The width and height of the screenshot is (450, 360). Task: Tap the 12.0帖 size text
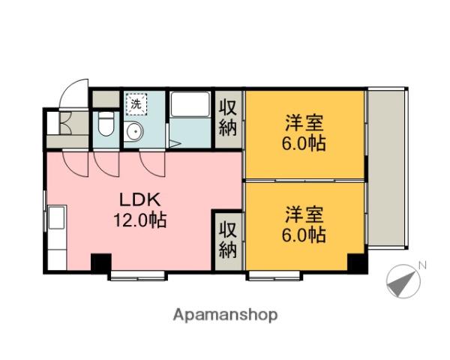click(x=139, y=221)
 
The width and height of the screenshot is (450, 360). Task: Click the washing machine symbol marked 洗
click(x=136, y=104)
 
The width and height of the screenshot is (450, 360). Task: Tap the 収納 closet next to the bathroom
click(x=228, y=117)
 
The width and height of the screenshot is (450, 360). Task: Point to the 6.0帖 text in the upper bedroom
click(x=304, y=144)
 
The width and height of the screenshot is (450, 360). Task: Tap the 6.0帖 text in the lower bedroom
click(x=304, y=235)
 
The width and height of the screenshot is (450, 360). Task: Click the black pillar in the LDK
click(x=100, y=264)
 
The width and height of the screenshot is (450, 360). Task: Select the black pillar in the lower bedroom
click(x=357, y=263)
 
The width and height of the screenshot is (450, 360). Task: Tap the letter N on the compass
click(x=422, y=265)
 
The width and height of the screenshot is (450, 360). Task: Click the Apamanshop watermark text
click(x=225, y=315)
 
